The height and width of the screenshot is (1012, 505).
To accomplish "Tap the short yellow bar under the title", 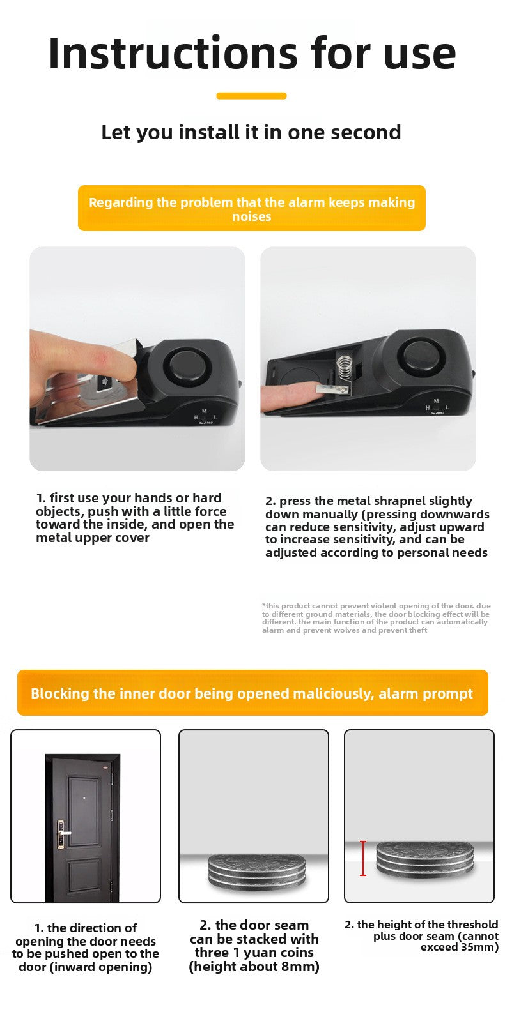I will point(251,96).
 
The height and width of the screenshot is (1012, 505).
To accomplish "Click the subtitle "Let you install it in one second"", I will point(251,132).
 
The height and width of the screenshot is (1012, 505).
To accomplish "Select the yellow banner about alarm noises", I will point(251,209).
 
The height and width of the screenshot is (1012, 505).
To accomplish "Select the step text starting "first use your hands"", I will point(135,518).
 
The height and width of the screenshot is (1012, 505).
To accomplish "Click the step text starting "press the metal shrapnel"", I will point(377,527).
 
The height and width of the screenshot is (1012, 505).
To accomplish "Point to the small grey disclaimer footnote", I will point(376,617).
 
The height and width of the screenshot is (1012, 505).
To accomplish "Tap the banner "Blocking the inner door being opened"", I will point(252,693).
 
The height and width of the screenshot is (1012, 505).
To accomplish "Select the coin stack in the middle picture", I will point(256,873).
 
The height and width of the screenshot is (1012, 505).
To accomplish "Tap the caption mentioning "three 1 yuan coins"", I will point(254,946).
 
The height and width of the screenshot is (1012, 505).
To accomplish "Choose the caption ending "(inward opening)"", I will point(85,948).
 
